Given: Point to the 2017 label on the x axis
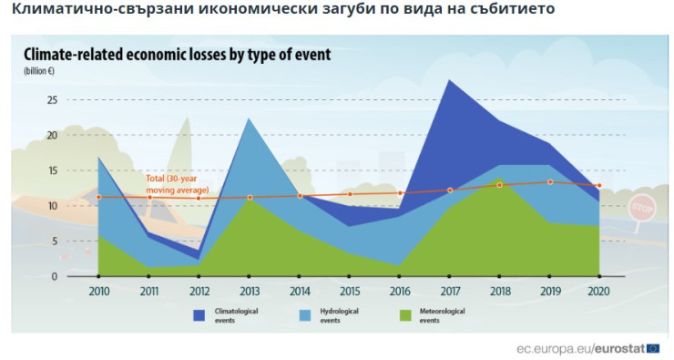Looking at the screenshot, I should (449, 292).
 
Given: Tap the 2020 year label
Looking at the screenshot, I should (598, 292).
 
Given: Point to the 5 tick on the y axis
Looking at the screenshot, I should (54, 242).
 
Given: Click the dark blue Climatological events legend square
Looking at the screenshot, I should (199, 315).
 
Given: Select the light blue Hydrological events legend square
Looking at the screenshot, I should (305, 315).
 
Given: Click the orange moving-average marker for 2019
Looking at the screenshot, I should (549, 182).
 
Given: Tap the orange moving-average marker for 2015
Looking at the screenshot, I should (349, 194).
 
